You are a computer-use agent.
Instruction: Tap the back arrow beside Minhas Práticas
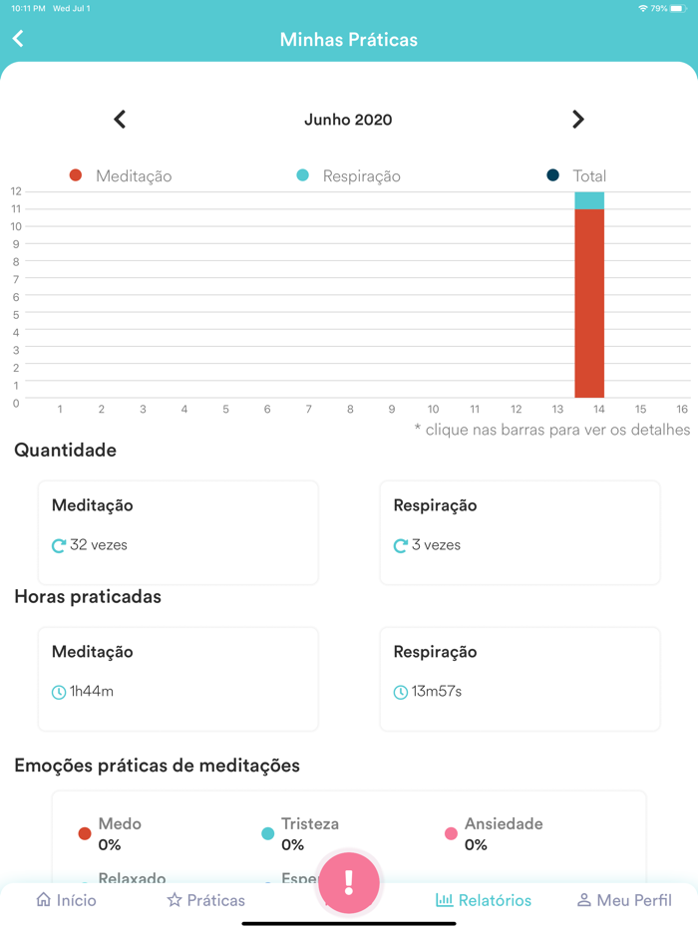pyautogui.click(x=18, y=39)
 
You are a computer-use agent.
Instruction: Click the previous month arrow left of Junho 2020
pyautogui.click(x=120, y=120)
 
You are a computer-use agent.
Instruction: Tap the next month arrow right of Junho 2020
pyautogui.click(x=578, y=120)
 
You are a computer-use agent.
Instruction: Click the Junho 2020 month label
pyautogui.click(x=348, y=120)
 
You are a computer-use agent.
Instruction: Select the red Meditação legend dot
pyautogui.click(x=76, y=175)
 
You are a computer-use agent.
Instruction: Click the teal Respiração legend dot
pyautogui.click(x=303, y=175)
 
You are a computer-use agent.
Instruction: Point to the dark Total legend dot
pyautogui.click(x=553, y=175)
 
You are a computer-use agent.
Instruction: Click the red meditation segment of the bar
pyautogui.click(x=589, y=304)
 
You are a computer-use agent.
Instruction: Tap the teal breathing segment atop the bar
pyautogui.click(x=589, y=200)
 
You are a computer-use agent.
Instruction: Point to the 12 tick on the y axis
pyautogui.click(x=16, y=191)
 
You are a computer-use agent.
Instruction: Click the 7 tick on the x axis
pyautogui.click(x=309, y=410)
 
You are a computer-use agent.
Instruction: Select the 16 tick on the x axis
pyautogui.click(x=682, y=410)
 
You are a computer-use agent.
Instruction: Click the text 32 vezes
pyautogui.click(x=99, y=545)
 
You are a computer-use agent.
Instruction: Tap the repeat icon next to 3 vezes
pyautogui.click(x=401, y=546)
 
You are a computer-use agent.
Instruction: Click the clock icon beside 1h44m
pyautogui.click(x=59, y=692)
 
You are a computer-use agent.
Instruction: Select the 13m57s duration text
pyautogui.click(x=437, y=691)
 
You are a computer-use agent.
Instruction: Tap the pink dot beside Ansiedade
pyautogui.click(x=451, y=833)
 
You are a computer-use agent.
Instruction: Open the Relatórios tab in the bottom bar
pyautogui.click(x=484, y=900)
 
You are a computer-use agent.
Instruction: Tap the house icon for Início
pyautogui.click(x=44, y=900)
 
